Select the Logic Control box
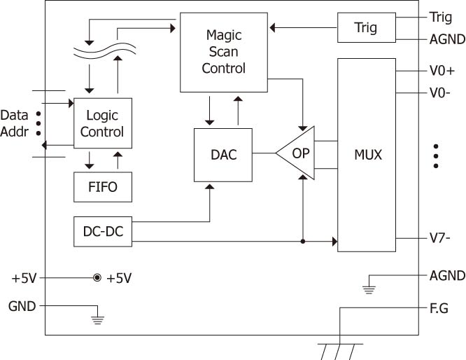102,123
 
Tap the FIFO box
102,186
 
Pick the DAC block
223,155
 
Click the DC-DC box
102,231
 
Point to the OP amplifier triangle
297,153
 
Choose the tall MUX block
367,155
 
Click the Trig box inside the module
366,27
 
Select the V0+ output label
442,71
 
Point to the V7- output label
440,237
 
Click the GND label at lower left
20,305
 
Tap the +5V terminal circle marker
97,278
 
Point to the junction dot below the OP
302,242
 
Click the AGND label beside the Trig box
446,39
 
